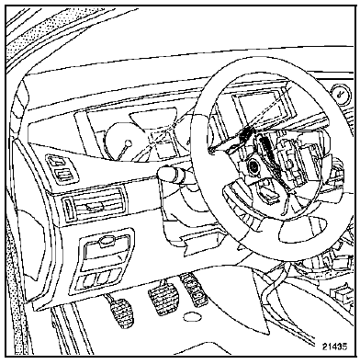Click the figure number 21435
click(x=334, y=347)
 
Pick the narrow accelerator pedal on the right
click(x=194, y=289)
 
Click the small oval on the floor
click(x=193, y=316)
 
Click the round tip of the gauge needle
click(x=129, y=142)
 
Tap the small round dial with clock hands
click(x=338, y=94)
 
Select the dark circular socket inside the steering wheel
click(x=253, y=166)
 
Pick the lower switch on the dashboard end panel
click(x=64, y=175)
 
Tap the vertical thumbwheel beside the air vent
click(x=67, y=208)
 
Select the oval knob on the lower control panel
click(x=106, y=241)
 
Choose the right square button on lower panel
click(x=103, y=277)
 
